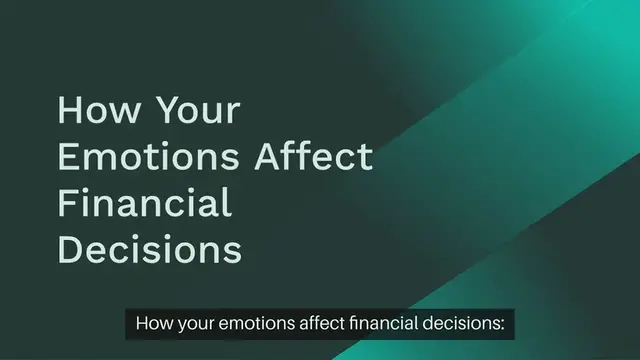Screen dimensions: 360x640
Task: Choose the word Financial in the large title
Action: [145, 203]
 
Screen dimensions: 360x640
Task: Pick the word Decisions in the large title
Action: [150, 250]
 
